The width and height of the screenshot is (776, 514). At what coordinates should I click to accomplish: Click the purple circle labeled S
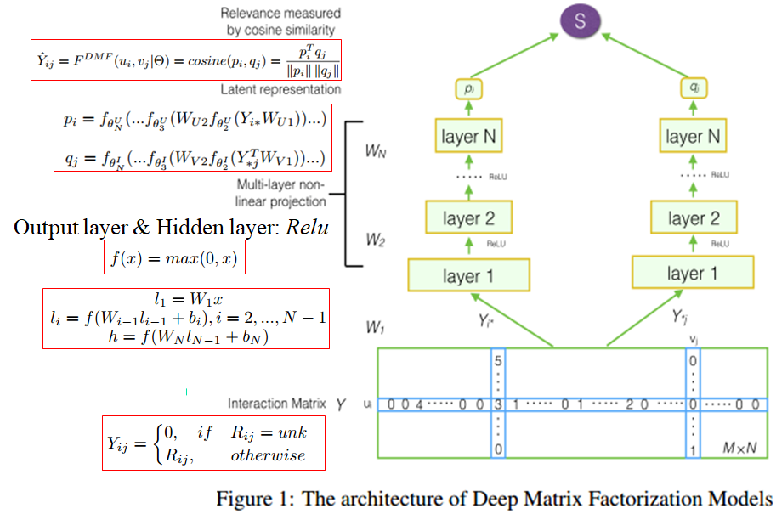click(581, 21)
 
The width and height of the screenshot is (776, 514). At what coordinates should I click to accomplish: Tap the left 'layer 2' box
click(469, 219)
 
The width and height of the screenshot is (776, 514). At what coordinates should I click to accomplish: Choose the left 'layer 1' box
click(469, 275)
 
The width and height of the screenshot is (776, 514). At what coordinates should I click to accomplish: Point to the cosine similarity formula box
click(185, 59)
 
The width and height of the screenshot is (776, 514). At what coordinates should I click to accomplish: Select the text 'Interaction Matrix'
click(276, 404)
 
